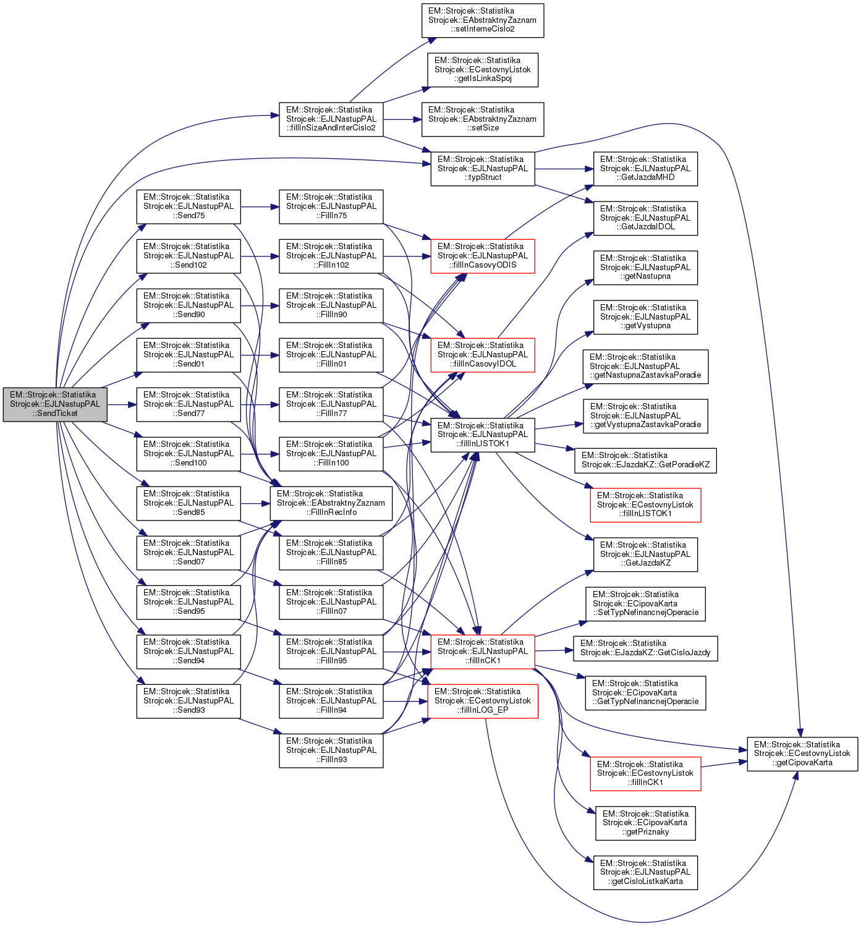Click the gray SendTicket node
click(55, 404)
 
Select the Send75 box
click(189, 206)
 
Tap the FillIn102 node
click(331, 256)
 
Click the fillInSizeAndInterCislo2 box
click(331, 119)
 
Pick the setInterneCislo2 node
click(483, 20)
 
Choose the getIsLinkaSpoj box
click(483, 70)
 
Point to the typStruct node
click(483, 169)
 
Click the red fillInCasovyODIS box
click(483, 256)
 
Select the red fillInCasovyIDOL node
click(483, 355)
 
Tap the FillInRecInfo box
click(331, 503)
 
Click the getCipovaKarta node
click(802, 754)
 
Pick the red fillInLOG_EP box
click(483, 701)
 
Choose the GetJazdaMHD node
click(645, 169)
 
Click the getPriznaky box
click(645, 823)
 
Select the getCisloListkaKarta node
click(645, 872)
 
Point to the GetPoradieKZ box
click(645, 461)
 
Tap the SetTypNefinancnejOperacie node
click(645, 604)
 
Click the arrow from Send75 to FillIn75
click(260, 206)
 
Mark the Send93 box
click(189, 701)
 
